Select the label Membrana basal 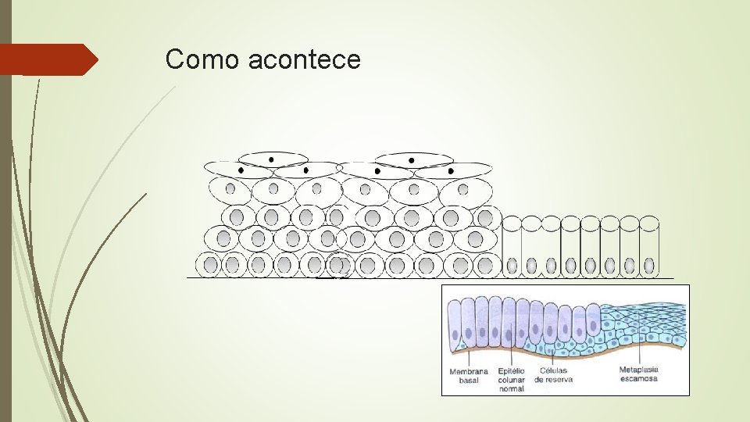tap(469, 376)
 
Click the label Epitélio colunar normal tap(511, 380)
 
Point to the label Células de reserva tap(553, 376)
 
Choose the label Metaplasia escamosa tap(639, 374)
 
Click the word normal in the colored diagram tap(511, 388)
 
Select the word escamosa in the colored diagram tap(639, 379)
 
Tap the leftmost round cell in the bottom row tap(210, 265)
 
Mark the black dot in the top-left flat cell tap(241, 169)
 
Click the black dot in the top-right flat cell tap(451, 170)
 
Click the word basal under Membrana tap(469, 381)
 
